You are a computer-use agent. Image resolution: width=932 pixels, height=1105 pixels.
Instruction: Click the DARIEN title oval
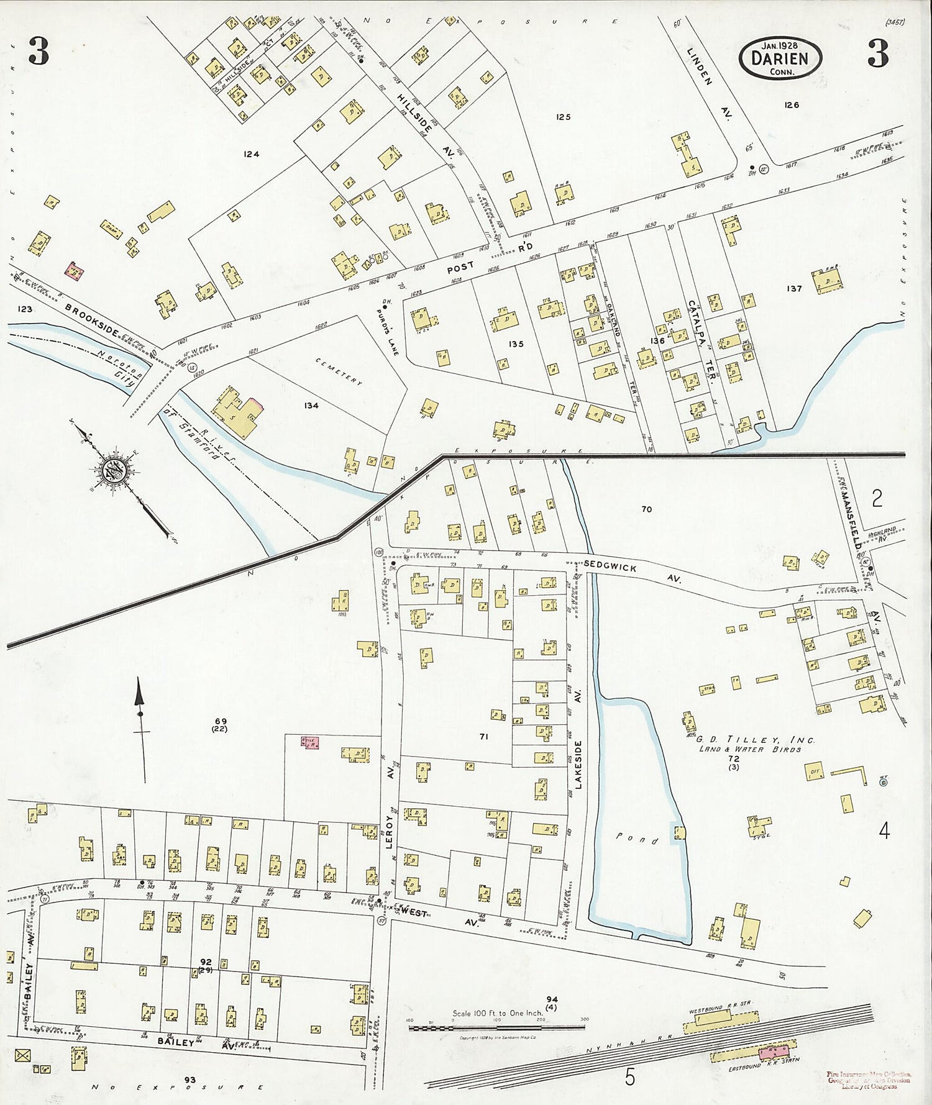pos(780,57)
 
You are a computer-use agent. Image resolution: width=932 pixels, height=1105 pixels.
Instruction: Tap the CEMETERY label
pos(338,371)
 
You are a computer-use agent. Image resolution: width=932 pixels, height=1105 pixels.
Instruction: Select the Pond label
pos(637,839)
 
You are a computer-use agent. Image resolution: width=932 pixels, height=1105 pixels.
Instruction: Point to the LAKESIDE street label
pos(578,765)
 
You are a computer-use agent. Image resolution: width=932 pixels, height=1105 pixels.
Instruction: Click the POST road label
pos(460,268)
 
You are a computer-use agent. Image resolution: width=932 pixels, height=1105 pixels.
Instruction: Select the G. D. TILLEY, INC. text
pos(754,740)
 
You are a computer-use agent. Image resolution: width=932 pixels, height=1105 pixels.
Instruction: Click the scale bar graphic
pos(496,1029)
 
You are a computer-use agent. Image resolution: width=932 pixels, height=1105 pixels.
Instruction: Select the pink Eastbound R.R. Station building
pos(773,1052)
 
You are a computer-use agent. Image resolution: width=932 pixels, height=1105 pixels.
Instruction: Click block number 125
pos(564,117)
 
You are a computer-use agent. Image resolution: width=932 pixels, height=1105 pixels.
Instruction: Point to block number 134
pos(311,406)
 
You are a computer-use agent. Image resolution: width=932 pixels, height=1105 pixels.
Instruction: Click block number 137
pos(793,288)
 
